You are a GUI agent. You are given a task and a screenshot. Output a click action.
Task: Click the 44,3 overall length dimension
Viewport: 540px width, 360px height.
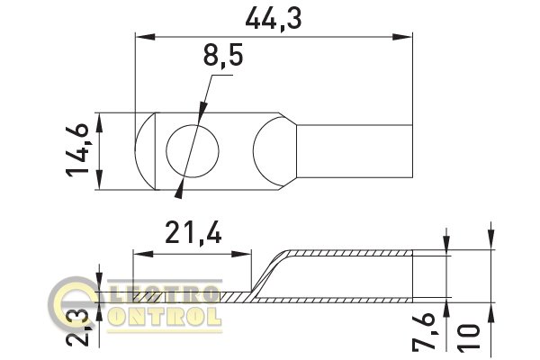click(274, 19)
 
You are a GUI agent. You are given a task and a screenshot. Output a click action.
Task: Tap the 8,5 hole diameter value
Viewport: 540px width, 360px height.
click(223, 55)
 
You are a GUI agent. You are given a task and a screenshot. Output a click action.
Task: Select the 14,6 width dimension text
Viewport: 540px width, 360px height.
click(77, 150)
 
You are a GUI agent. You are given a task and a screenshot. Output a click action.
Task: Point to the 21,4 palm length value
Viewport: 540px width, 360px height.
click(193, 233)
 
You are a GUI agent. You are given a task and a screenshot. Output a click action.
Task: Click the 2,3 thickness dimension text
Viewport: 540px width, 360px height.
click(77, 328)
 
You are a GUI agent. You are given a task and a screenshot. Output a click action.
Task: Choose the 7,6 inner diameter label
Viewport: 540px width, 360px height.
click(426, 331)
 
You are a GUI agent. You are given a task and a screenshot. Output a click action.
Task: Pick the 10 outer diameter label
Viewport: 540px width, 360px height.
click(468, 338)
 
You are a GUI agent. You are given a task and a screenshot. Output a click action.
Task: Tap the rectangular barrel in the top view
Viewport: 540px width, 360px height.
click(355, 151)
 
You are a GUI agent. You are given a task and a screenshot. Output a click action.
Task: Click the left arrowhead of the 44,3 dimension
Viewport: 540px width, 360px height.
click(145, 37)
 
